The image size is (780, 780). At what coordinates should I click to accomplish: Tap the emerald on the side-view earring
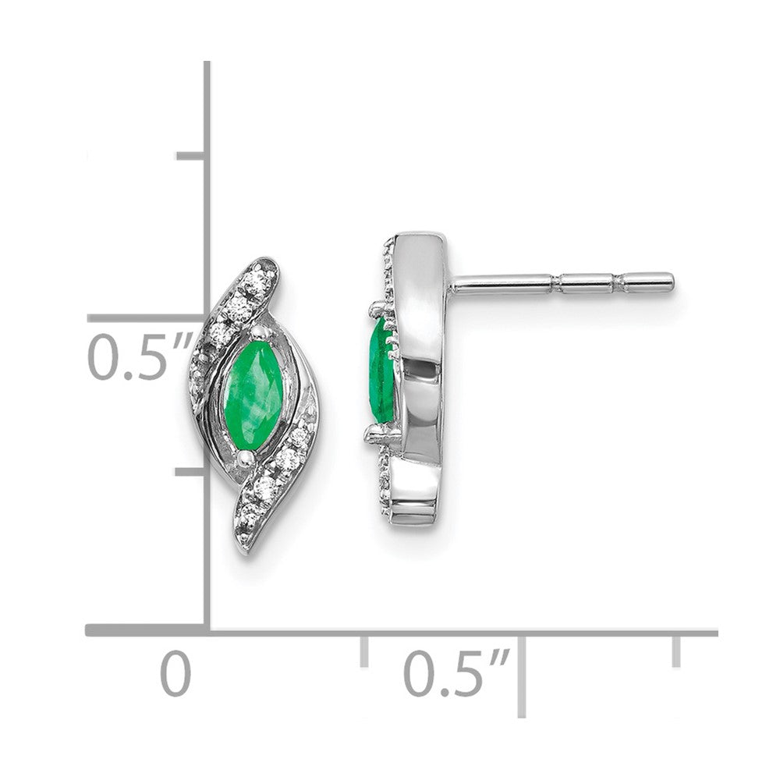click(381, 370)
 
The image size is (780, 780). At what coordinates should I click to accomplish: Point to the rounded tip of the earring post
click(671, 282)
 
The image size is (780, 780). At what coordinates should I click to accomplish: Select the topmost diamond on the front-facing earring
click(259, 281)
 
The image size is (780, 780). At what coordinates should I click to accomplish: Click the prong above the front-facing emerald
click(258, 331)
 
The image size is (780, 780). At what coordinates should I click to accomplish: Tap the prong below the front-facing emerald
click(243, 458)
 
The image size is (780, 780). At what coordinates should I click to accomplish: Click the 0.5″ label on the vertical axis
click(140, 356)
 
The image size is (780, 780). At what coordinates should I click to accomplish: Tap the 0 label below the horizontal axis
click(175, 674)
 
